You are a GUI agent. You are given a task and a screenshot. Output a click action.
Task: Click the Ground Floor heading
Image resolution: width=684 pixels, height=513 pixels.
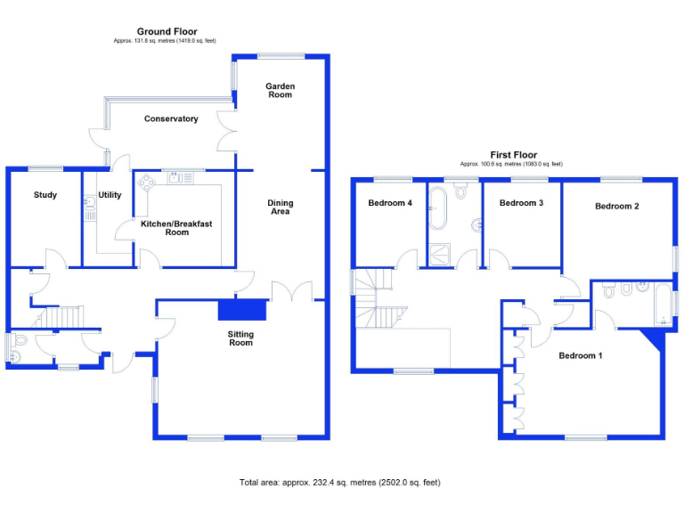[167, 32]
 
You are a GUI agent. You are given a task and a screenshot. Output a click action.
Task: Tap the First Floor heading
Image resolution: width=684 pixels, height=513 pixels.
[514, 155]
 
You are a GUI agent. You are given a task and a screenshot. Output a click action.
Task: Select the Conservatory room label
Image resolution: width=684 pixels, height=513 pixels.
[171, 119]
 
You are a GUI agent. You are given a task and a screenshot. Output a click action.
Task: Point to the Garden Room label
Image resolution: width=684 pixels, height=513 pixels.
[281, 90]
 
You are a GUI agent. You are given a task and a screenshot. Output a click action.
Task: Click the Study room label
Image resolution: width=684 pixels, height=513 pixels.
[45, 195]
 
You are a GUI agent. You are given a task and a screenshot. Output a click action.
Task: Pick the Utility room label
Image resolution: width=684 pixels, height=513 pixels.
[110, 195]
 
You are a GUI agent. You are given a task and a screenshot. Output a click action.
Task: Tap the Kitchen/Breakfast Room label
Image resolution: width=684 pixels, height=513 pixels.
[176, 228]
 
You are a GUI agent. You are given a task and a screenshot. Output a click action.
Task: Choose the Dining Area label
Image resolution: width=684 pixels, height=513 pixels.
[281, 208]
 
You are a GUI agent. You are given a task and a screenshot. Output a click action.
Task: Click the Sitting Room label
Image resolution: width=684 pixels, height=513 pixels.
[240, 339]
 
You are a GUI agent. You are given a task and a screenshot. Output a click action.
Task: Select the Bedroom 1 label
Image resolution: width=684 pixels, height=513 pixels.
[581, 356]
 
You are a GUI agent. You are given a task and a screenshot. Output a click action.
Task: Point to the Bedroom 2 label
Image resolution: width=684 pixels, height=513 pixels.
[617, 207]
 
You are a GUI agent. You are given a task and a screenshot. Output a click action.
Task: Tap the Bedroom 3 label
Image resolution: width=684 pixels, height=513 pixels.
[521, 203]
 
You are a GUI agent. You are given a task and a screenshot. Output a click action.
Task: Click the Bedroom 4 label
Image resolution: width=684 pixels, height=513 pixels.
[390, 203]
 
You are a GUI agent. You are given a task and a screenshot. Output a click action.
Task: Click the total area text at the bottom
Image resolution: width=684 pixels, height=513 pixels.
[339, 483]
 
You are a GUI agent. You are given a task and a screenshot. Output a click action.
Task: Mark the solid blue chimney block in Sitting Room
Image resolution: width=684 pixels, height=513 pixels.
[242, 309]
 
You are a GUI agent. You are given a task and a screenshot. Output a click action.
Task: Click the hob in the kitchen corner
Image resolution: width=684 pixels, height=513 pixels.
[146, 183]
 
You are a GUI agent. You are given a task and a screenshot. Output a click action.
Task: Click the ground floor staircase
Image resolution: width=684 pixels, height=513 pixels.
[61, 317]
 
